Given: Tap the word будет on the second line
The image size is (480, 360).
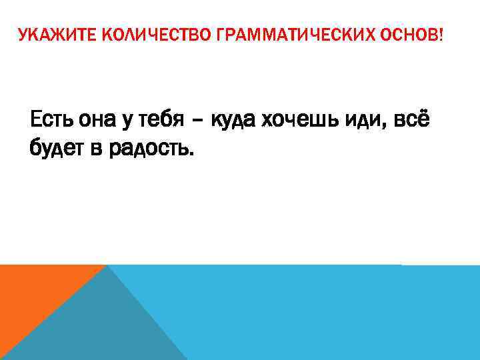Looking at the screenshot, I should [x=55, y=150].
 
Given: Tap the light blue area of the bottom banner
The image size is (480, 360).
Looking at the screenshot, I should [x=333, y=313].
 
